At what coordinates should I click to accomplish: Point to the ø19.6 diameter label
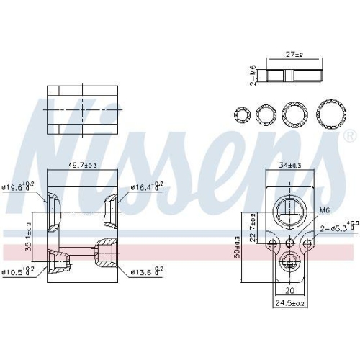(x=19, y=188)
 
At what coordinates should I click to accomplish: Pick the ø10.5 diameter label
(x=19, y=271)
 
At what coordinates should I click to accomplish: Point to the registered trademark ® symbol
(x=350, y=135)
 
